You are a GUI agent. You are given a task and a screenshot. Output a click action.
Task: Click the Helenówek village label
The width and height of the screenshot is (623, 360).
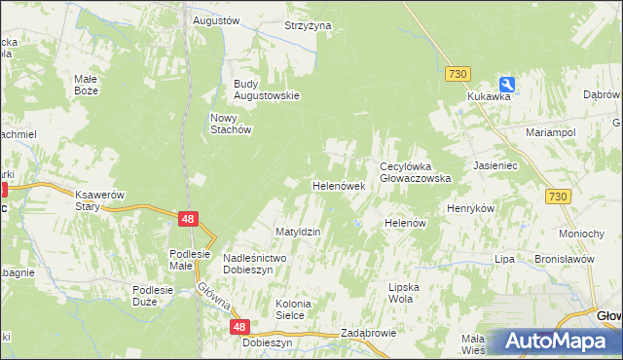click(338, 185)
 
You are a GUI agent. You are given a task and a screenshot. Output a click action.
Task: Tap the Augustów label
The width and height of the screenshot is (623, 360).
click(216, 20)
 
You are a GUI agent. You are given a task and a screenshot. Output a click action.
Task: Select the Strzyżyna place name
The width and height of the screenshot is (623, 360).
click(308, 26)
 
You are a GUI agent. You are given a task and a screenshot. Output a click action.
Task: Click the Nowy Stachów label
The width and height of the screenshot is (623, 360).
click(232, 124)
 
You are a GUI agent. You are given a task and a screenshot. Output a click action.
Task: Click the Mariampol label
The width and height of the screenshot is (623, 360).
click(551, 131)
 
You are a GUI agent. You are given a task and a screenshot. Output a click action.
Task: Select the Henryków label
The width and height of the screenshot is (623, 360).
click(471, 209)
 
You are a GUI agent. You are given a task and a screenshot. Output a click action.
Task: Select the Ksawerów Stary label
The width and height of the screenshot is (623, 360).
click(101, 200)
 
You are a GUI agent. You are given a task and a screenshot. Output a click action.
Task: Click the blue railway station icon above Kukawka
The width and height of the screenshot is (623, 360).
click(507, 84)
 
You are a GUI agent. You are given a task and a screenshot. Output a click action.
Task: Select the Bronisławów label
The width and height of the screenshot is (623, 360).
click(564, 260)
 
